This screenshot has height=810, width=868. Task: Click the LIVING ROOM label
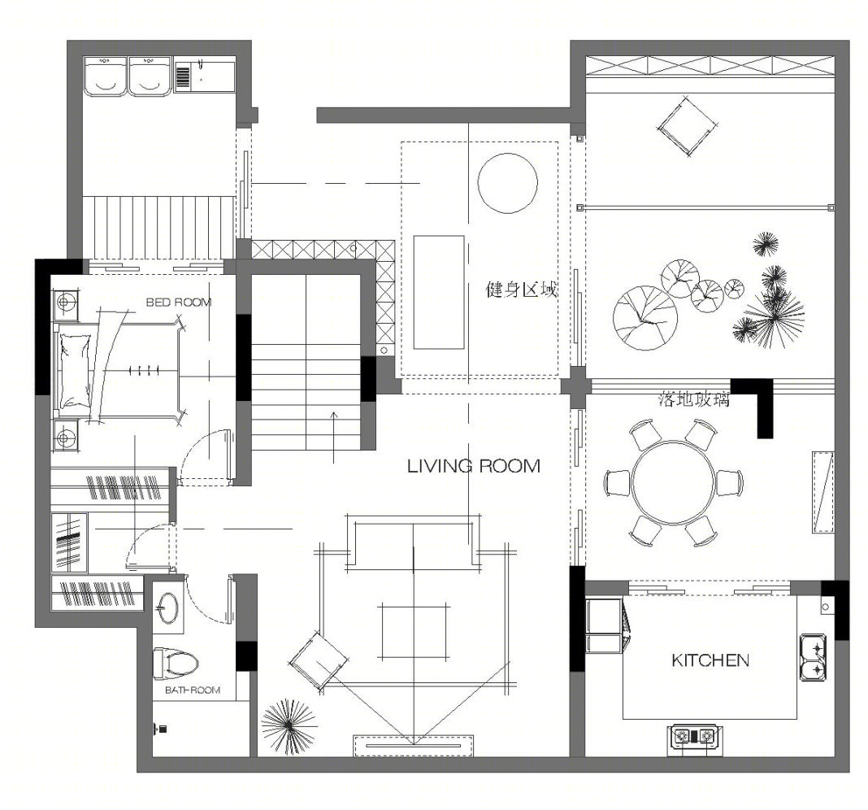coord(473,466)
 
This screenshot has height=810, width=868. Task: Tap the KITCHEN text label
coord(710,660)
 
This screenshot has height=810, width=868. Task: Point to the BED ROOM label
coord(178,302)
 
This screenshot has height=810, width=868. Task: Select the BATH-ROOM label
coord(192,690)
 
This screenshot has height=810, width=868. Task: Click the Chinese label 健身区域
coord(521,289)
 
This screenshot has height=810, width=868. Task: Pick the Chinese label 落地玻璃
coord(694,398)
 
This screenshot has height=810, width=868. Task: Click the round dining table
coord(673,482)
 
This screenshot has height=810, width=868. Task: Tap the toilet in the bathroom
coord(176,663)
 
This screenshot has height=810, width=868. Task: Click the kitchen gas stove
coord(693,736)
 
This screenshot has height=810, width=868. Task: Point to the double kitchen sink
coord(814,658)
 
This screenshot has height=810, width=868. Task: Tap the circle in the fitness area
coord(507,183)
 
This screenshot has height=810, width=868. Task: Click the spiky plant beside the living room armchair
coord(289,726)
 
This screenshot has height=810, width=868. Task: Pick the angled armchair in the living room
coord(319,661)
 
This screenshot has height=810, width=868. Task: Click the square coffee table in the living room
coord(414,632)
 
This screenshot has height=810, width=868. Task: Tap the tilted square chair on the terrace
coord(684,125)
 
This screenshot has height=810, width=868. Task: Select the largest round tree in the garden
coord(645,317)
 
